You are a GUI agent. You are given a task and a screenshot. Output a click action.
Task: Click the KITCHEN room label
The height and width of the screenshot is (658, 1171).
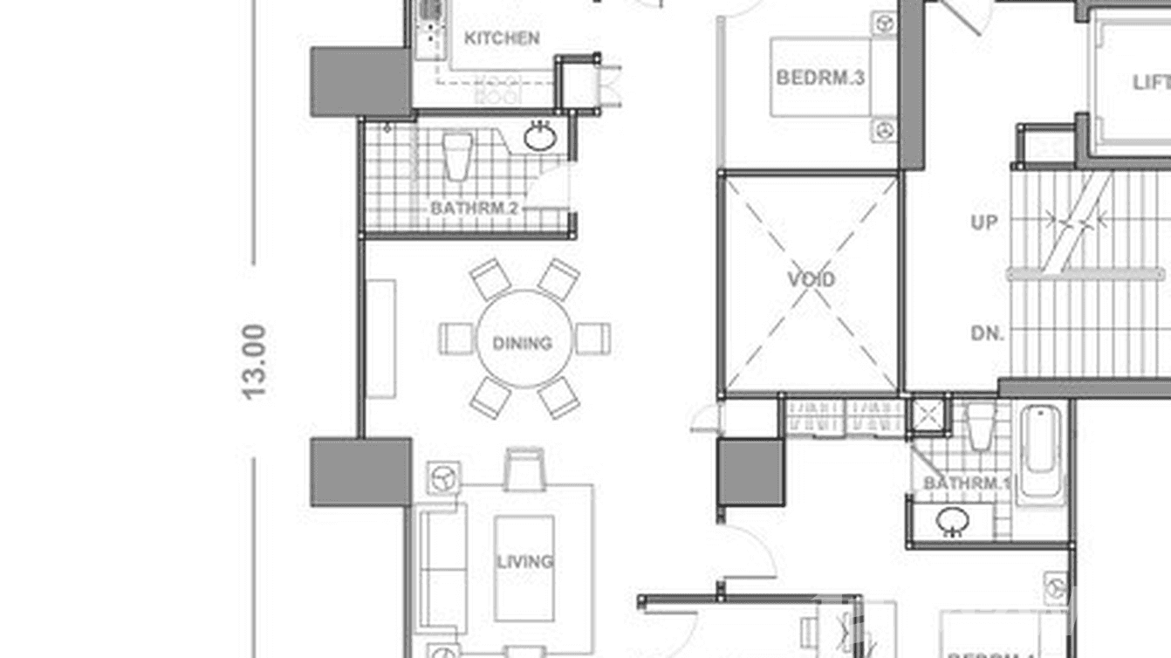click(501, 38)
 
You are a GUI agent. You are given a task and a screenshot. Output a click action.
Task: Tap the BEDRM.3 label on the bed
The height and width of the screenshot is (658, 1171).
click(820, 78)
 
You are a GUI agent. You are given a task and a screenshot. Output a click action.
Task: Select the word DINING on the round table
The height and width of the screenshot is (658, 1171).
click(522, 343)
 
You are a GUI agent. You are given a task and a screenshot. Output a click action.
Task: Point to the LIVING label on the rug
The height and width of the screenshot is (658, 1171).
click(524, 561)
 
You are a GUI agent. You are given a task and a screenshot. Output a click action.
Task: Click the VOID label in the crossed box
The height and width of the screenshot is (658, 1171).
click(811, 280)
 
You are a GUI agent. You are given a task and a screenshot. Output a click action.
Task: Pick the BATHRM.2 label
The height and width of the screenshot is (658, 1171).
click(475, 209)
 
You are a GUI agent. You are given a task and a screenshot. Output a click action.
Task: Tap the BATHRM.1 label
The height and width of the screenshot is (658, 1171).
click(966, 483)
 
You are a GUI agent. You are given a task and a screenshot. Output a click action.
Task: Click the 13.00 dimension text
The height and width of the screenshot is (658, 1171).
click(254, 361)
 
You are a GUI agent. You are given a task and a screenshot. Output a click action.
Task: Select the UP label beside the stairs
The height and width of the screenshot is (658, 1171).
click(983, 223)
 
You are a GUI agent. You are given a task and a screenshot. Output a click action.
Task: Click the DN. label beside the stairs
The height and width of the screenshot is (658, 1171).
click(987, 333)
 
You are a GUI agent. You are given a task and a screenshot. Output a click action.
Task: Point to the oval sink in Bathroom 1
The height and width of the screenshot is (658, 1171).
click(952, 522)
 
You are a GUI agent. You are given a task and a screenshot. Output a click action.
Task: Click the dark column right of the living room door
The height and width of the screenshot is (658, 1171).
click(750, 472)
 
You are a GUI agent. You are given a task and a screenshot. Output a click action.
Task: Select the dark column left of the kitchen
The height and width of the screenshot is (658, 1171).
click(360, 82)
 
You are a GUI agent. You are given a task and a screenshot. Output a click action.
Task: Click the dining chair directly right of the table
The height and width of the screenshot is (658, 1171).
click(593, 339)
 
